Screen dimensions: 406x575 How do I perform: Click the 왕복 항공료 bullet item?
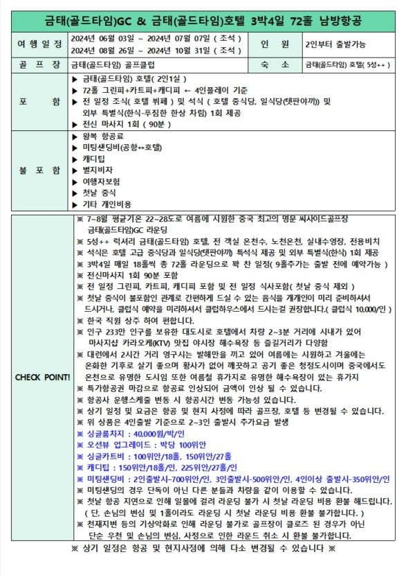[104, 136]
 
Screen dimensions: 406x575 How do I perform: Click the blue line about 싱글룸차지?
[138, 431]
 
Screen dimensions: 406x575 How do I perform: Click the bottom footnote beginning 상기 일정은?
[203, 548]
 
